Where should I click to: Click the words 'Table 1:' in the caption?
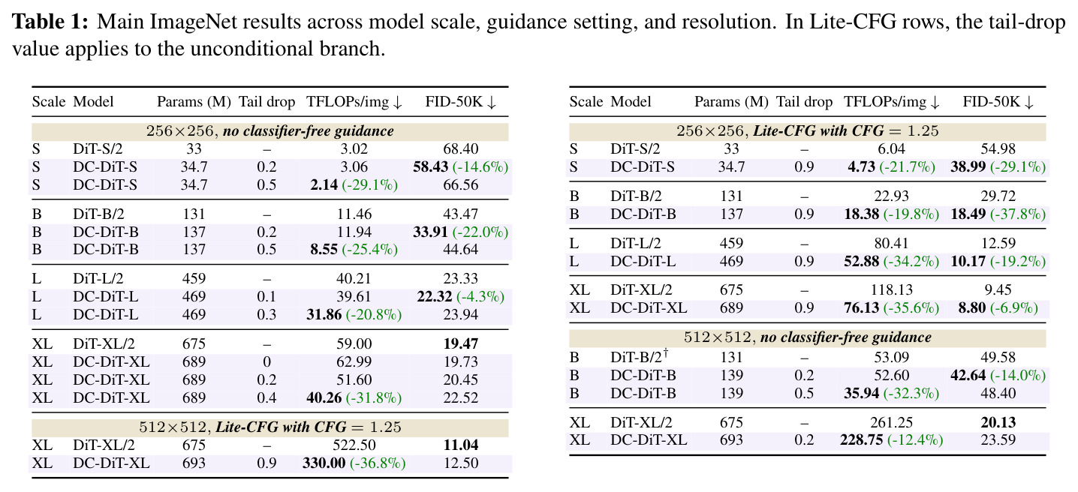[50, 22]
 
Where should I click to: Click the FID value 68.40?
[461, 149]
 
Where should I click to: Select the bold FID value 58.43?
[431, 167]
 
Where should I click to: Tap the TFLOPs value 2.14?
[324, 185]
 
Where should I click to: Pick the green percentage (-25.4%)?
[369, 250]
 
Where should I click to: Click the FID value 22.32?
[435, 297]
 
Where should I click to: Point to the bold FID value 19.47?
[461, 343]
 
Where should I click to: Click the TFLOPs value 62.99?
[354, 361]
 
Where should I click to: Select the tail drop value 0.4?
[266, 397]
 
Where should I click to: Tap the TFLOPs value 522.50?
[354, 445]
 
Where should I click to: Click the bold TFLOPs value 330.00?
[324, 463]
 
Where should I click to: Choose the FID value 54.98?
[998, 149]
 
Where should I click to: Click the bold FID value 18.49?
[968, 214]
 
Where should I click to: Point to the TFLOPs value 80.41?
[891, 243]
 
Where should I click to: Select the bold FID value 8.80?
[972, 307]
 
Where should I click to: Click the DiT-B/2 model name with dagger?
[640, 356]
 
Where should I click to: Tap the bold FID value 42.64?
[968, 375]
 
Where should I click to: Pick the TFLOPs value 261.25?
[891, 422]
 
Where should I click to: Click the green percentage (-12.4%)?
[915, 440]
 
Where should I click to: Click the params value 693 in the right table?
[731, 440]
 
